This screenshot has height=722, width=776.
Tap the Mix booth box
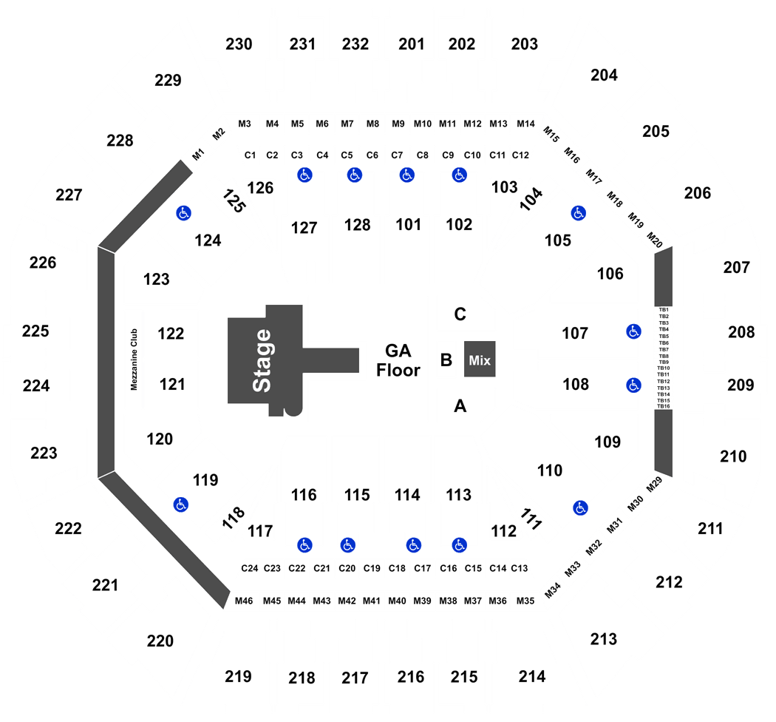coord(480,360)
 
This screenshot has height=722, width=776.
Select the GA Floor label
coord(398,360)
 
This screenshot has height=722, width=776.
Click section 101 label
coord(408,224)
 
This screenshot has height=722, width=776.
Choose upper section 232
coord(355,44)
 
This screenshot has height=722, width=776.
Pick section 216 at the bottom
coord(411,677)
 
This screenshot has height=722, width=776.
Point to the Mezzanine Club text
coord(134,360)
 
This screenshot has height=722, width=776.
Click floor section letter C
coord(460,314)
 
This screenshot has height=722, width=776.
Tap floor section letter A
coord(460,406)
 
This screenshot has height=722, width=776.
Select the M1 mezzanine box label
coord(198,155)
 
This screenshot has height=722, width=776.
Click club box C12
coord(520,155)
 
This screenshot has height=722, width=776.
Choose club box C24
coord(250,568)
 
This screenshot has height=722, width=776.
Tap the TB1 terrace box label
coord(664,310)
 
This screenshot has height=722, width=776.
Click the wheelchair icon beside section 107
coord(633,331)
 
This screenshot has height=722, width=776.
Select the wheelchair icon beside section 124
coord(183,213)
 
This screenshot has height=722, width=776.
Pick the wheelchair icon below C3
coord(304,175)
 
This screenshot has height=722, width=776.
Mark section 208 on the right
coord(741,332)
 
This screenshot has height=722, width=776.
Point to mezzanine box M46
coord(244,601)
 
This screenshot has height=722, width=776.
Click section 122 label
coord(171,334)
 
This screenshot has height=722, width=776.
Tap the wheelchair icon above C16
coord(460,545)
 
